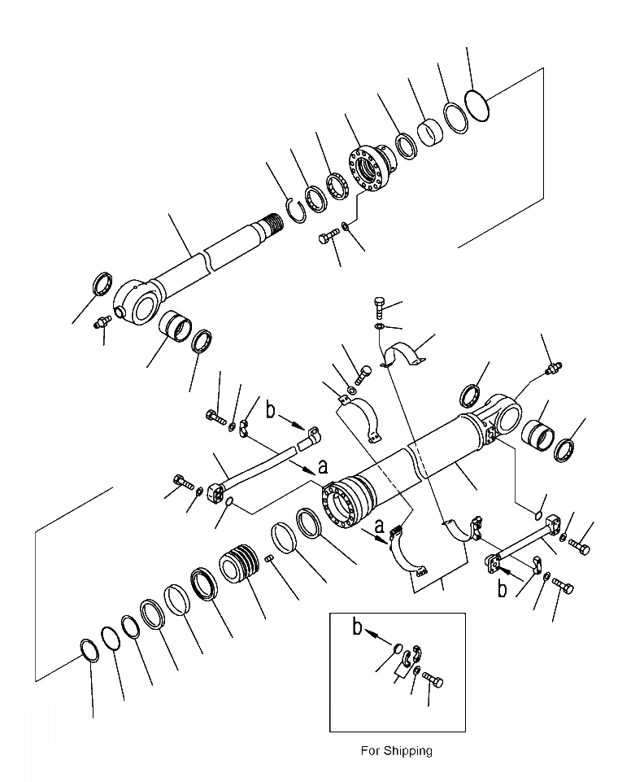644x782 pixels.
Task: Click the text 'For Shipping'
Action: (x=396, y=751)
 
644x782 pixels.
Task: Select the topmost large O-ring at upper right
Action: (x=478, y=105)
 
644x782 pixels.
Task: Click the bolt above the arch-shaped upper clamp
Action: (x=381, y=308)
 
